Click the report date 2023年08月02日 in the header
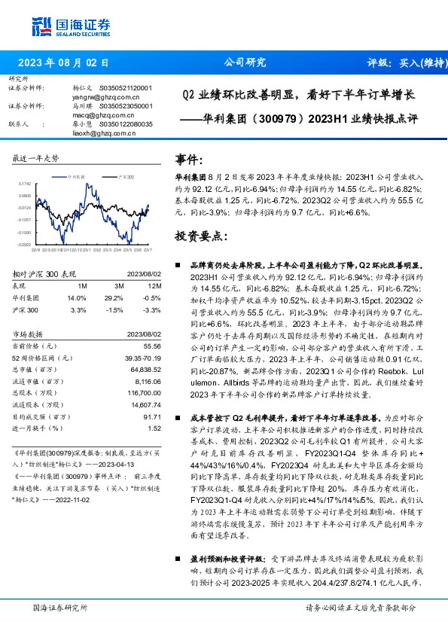pos(63,63)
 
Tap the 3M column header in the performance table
pos(118,286)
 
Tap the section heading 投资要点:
pos(201,236)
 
